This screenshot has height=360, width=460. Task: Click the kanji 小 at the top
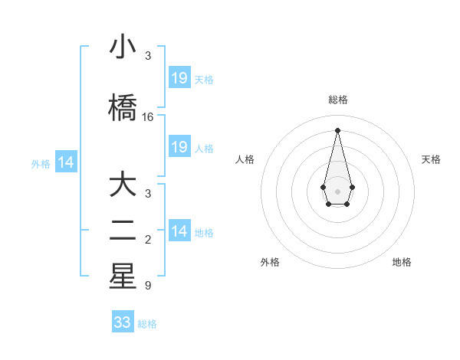[x=123, y=47]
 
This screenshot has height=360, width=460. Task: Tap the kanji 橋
[x=123, y=106]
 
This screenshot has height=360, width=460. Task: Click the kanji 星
[x=123, y=277]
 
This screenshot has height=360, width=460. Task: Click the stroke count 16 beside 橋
[x=148, y=117]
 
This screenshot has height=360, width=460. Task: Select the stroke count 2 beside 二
[x=148, y=241]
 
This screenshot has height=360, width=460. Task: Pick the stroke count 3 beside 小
[x=148, y=56]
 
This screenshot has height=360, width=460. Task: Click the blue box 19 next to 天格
[x=179, y=78]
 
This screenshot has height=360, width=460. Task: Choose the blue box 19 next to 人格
[x=179, y=147]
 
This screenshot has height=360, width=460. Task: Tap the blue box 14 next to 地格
[x=179, y=231]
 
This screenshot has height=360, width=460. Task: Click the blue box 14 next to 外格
[x=65, y=162]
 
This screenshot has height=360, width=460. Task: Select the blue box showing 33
[x=123, y=322]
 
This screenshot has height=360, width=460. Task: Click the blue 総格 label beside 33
[x=147, y=324]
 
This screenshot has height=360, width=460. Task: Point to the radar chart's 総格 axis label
[x=337, y=100]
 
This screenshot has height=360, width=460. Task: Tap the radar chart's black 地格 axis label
[x=402, y=262]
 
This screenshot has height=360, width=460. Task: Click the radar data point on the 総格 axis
[x=337, y=129]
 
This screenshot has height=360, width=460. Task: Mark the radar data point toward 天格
[x=352, y=186]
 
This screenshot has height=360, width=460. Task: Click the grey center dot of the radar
[x=337, y=191]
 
